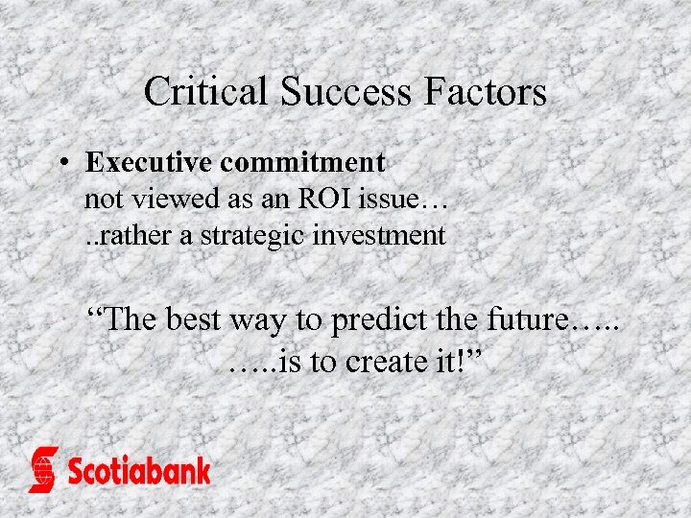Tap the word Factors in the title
pos(489,92)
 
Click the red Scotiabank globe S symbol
pos(43,469)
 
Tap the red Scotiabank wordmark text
pos(138,471)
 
